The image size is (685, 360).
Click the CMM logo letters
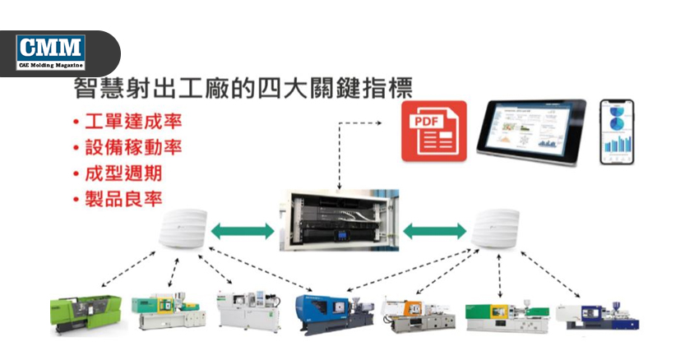51,47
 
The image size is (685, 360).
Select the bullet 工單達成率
132,122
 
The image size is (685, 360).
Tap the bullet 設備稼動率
132,148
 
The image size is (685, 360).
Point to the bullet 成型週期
122,173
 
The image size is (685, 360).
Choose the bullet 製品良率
122,199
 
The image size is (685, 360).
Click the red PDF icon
433,130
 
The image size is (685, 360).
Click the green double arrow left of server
242,230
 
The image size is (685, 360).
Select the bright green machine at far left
86,313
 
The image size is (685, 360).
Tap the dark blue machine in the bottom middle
330,312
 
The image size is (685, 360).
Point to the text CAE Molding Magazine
51,64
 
